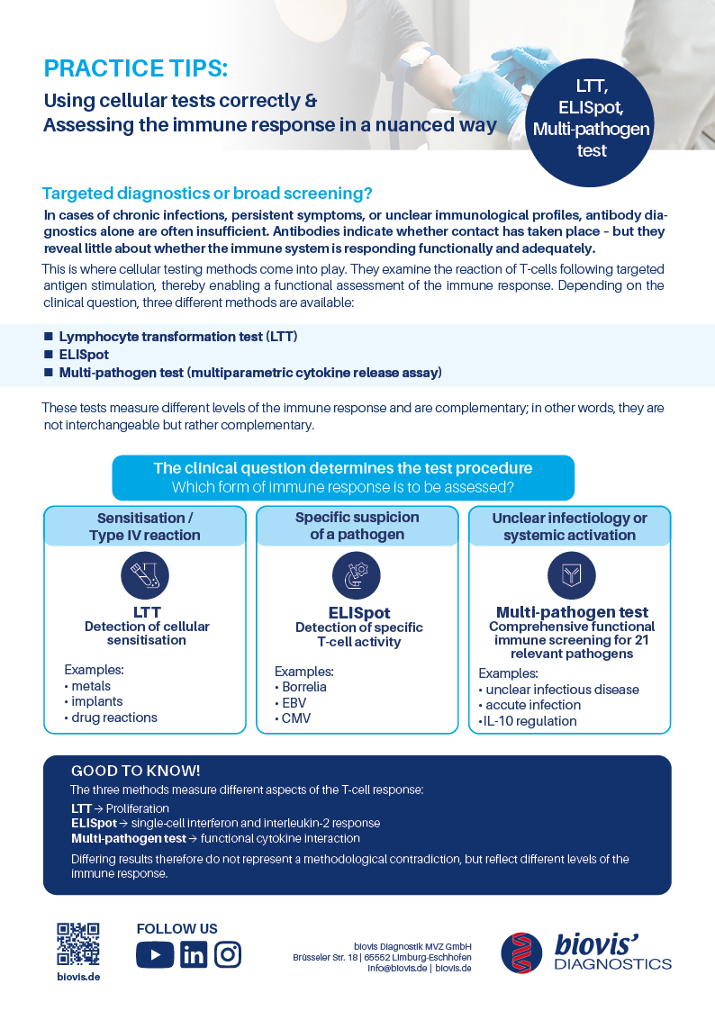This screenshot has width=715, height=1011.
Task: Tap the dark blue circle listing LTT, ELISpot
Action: (x=592, y=119)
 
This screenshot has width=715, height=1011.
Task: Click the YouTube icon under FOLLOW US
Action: (x=155, y=954)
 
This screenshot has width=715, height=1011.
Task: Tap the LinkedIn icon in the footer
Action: (x=193, y=954)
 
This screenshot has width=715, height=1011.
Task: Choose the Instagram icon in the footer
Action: (x=228, y=954)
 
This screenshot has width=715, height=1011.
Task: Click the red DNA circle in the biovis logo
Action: (x=522, y=952)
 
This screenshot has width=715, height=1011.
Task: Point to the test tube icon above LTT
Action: (x=144, y=575)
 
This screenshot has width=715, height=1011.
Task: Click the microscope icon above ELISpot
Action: (x=357, y=575)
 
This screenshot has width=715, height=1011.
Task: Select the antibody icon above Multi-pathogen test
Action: (x=571, y=575)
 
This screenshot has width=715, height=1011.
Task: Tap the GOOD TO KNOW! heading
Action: (x=135, y=772)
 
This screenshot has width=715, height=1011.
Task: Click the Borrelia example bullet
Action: (x=303, y=687)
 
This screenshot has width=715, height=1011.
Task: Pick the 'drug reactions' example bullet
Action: (x=114, y=718)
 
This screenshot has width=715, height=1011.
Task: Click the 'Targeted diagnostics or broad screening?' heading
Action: (x=207, y=194)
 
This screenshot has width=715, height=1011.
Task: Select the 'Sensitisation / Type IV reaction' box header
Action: (x=144, y=527)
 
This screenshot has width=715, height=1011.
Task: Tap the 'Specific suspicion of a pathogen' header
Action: (x=357, y=527)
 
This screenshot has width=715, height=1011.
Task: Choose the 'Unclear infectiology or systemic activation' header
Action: (x=569, y=527)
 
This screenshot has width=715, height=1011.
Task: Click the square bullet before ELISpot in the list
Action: (x=49, y=355)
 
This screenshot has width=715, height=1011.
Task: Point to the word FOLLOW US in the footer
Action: (x=176, y=928)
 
